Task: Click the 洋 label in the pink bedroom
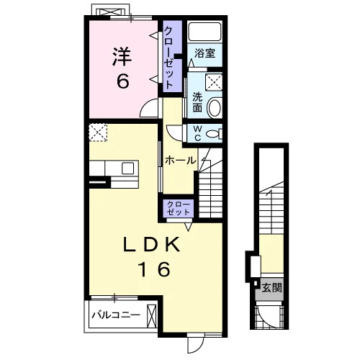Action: tap(122, 57)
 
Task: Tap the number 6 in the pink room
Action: tap(123, 81)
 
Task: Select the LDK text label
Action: tap(152, 244)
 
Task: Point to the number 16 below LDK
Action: tap(155, 269)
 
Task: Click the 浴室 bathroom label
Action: tap(204, 53)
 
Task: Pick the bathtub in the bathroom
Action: tap(204, 32)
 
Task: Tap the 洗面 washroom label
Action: tap(197, 102)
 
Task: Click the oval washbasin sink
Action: tap(214, 108)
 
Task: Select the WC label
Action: tap(197, 133)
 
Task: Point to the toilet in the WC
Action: tap(214, 134)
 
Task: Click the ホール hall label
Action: tap(180, 161)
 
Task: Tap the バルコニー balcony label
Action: tap(116, 315)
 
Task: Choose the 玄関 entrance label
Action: tap(271, 287)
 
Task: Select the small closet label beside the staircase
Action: tap(179, 208)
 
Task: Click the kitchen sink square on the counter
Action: tap(127, 168)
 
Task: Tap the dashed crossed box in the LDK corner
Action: tap(98, 132)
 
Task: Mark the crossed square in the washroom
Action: tap(214, 82)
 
